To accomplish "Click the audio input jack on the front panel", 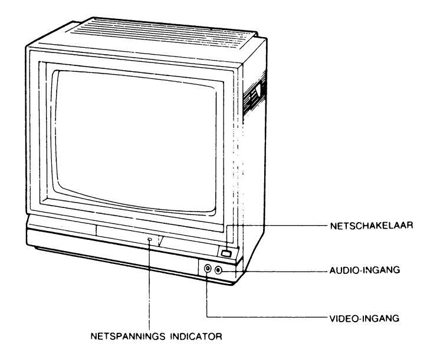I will [219, 269].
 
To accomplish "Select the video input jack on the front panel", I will [208, 269].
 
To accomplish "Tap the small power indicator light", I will [150, 239].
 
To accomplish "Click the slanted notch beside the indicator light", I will [160, 240].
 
